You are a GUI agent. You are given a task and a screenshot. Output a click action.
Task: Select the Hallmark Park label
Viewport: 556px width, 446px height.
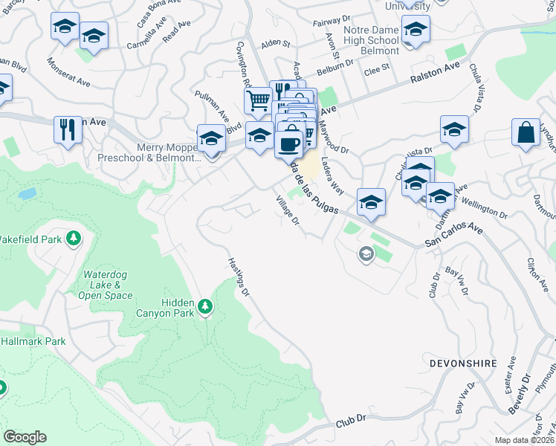(33, 342)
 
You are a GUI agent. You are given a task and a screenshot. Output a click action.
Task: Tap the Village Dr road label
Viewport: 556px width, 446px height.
(287, 211)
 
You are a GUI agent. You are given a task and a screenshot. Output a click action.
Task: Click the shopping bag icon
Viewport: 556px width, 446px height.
(526, 133)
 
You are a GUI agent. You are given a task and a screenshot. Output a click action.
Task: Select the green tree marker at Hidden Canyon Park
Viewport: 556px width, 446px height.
(206, 306)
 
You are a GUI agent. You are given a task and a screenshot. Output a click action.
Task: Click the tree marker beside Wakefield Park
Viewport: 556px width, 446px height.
(73, 238)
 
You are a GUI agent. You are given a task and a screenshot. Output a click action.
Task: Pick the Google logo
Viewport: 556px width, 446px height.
(25, 437)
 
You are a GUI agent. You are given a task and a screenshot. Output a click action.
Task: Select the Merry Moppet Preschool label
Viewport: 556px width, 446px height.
(169, 152)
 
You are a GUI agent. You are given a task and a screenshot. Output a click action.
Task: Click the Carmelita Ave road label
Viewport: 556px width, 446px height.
(129, 44)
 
